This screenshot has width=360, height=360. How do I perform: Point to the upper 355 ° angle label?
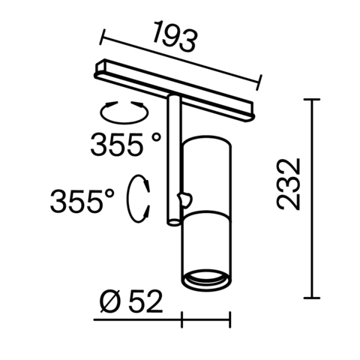(125, 143)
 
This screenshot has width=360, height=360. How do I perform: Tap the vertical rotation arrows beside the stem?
(138, 199)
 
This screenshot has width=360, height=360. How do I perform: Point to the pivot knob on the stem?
(184, 199)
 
